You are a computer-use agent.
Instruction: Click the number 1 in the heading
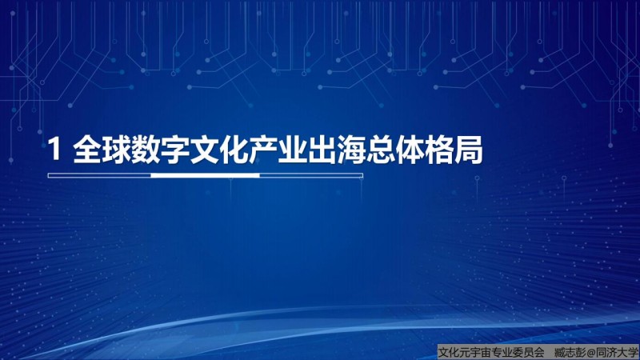point(54,150)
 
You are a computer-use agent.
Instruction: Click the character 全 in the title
point(87,150)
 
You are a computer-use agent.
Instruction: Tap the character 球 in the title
point(117,150)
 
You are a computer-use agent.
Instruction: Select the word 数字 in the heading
point(161,150)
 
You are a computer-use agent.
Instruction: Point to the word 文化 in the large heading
point(219,150)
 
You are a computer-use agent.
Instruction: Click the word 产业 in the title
point(278,150)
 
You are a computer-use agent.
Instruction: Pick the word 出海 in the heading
point(337,150)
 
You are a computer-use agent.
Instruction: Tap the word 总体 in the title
point(396,150)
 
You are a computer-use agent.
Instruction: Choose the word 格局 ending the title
point(454,150)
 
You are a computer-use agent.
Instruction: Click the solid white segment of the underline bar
point(206,175)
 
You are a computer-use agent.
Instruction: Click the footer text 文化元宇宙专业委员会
point(491,353)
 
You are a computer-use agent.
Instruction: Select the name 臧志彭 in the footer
point(570,353)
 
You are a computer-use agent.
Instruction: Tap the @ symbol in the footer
point(591,353)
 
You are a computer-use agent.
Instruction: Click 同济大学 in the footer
point(617,353)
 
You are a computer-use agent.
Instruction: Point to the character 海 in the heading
point(352,150)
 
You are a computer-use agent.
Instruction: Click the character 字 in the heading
point(175,150)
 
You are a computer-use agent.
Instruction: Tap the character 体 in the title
point(410,150)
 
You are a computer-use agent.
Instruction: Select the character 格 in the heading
point(440,150)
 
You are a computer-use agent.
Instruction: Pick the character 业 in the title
point(293,150)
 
